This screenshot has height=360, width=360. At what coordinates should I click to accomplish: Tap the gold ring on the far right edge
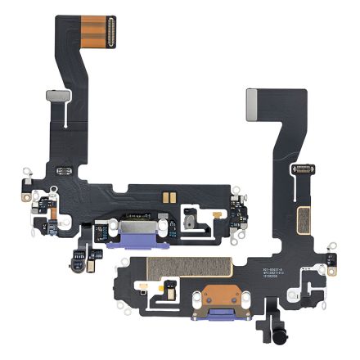pyautogui.click(x=334, y=245)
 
